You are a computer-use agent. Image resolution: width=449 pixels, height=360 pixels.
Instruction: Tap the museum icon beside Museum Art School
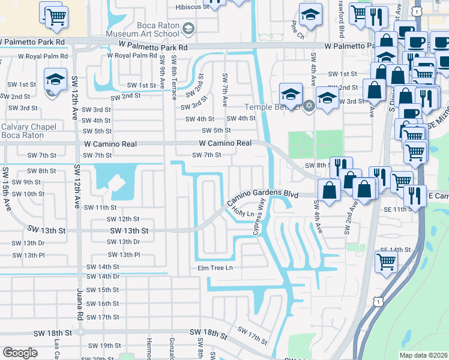(x=188, y=28)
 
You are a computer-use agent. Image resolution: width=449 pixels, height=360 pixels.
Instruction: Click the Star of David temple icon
(x=309, y=106)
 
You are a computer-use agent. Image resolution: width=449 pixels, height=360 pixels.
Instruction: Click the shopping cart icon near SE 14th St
(x=386, y=261)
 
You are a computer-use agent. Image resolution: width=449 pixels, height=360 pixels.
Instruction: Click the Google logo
(x=20, y=353)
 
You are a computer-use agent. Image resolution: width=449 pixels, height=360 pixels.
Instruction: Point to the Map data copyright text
(x=423, y=355)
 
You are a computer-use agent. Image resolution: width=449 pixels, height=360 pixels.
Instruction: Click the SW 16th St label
(x=103, y=304)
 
